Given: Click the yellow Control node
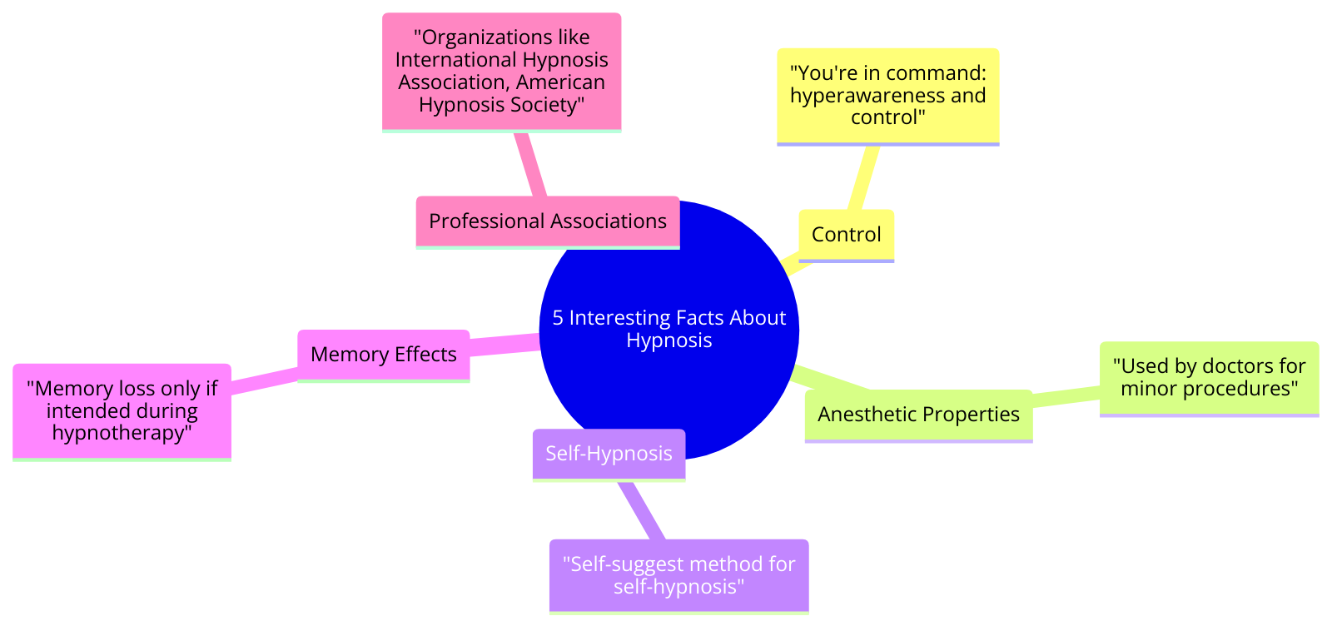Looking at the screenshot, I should pyautogui.click(x=846, y=235).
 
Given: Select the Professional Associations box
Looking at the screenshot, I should pyautogui.click(x=547, y=221).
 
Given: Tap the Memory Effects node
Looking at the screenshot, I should pyautogui.click(x=383, y=355).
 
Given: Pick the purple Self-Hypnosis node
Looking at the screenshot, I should pyautogui.click(x=609, y=454).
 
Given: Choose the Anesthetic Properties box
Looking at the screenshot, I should pyautogui.click(x=918, y=415).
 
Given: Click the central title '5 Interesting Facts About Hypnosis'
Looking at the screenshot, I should pyautogui.click(x=668, y=329).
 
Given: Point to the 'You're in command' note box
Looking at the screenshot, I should pyautogui.click(x=887, y=96).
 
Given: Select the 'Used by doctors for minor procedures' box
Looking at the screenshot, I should pyautogui.click(x=1209, y=377).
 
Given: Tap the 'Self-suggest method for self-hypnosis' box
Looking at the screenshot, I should pyautogui.click(x=678, y=575).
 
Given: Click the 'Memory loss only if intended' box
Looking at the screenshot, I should pyautogui.click(x=122, y=410).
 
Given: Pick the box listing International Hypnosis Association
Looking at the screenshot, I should pyautogui.click(x=501, y=71).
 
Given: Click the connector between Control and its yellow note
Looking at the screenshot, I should pyautogui.click(x=862, y=178).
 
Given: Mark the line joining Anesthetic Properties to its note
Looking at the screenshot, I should pyautogui.click(x=1066, y=399).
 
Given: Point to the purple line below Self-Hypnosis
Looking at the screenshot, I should pyautogui.click(x=641, y=509).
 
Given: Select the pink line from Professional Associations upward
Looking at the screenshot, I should pyautogui.click(x=530, y=164).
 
